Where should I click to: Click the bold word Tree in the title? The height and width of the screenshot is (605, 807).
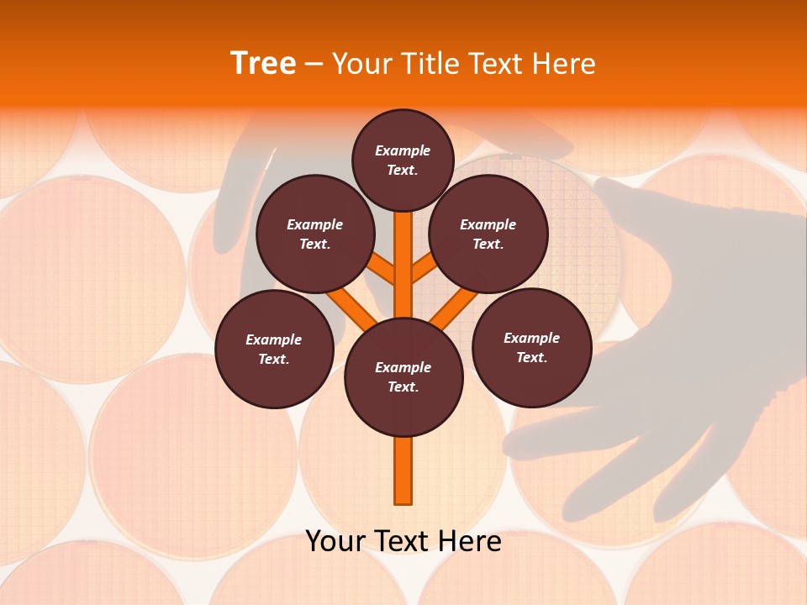point(263,64)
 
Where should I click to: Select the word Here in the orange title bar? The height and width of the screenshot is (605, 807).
point(563,64)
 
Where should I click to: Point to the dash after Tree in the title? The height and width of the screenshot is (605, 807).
point(314,65)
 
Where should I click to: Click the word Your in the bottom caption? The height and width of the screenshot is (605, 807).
point(335,541)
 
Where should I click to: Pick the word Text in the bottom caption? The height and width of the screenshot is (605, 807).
point(400,541)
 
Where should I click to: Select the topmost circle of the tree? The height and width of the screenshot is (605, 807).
point(403,160)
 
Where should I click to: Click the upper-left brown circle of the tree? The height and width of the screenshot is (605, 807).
point(314,234)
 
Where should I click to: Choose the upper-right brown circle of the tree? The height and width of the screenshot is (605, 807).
point(488,234)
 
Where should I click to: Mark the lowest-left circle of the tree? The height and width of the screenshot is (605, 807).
point(274,349)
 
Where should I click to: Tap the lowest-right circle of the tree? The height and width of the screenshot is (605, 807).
point(531,347)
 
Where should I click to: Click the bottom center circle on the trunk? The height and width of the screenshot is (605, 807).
point(403,376)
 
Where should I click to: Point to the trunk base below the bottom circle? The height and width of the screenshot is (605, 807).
point(403,471)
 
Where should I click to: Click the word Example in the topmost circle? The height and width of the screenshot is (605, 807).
point(403,150)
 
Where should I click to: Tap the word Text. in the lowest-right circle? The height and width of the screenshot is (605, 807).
point(531,357)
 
